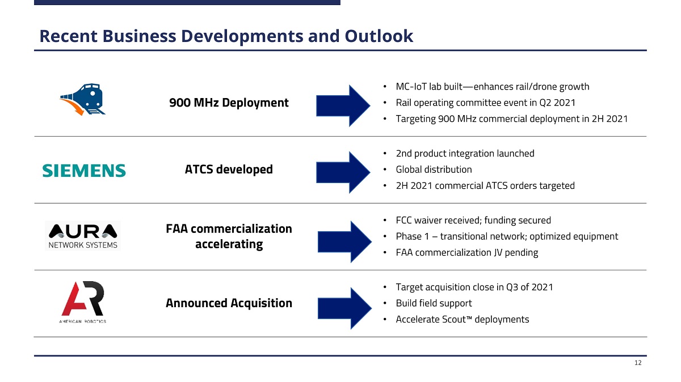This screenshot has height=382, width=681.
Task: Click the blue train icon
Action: [x=83, y=99]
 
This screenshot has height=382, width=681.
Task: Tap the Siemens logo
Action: [x=84, y=171]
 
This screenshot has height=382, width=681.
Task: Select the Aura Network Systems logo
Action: [x=83, y=236]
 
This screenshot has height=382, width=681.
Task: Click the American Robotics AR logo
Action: [x=83, y=302]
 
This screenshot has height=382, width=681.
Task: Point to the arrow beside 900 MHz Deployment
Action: [x=343, y=105]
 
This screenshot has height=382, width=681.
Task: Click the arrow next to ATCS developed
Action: [x=343, y=172]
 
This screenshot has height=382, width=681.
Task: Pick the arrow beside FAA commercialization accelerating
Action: [x=345, y=241]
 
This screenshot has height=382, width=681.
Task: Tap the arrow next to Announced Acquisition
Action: [x=345, y=308]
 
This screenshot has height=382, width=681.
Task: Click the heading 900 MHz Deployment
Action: [x=229, y=103]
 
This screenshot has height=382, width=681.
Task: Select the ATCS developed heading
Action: [x=229, y=169]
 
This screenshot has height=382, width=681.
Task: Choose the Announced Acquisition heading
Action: [x=229, y=303]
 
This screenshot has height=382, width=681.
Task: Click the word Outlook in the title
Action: [x=379, y=36]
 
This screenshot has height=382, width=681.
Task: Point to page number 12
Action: [x=638, y=363]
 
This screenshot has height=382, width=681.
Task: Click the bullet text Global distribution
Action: [x=434, y=169]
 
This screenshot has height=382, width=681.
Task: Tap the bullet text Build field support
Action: [x=434, y=303]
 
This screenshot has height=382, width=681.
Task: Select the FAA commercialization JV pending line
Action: [x=467, y=252]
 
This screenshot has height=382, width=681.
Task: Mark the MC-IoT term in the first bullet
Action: [x=411, y=87]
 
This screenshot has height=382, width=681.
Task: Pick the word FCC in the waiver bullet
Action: [x=403, y=220]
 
